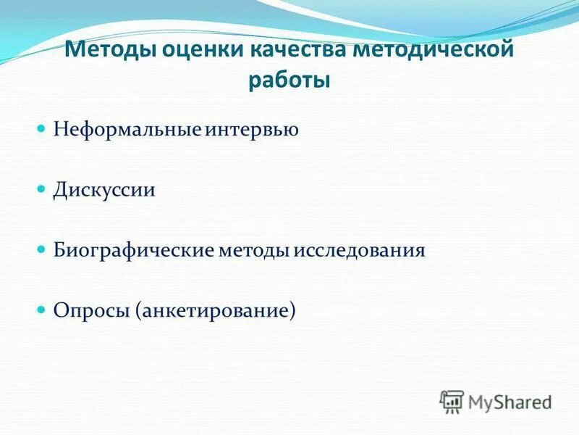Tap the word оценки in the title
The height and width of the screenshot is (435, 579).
193,52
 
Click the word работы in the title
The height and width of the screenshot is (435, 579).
289,80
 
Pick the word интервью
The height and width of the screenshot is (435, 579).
253,130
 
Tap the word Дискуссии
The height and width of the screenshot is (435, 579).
104,191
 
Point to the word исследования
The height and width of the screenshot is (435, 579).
360,251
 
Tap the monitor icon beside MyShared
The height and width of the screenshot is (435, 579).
452,401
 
